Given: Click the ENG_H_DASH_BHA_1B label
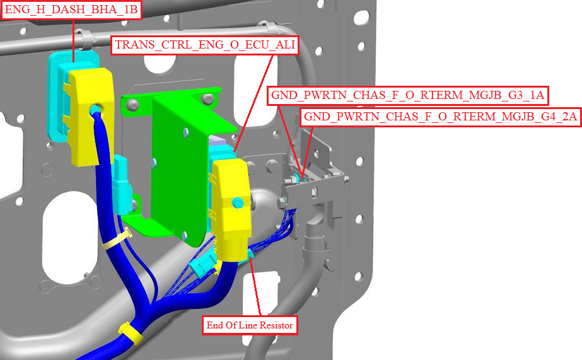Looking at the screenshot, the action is click(x=71, y=9).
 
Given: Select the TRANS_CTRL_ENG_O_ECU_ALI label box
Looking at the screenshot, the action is click(x=205, y=45).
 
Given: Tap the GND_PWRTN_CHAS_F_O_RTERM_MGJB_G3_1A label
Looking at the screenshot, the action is click(x=407, y=95).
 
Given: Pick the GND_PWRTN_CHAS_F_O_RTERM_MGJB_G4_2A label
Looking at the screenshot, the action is click(x=440, y=117).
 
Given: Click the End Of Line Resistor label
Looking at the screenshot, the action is click(x=250, y=325).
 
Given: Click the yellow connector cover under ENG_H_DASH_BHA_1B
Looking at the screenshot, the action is click(x=91, y=116).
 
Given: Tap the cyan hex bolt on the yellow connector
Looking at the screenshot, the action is click(x=237, y=203).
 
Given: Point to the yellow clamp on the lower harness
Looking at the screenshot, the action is click(x=131, y=333).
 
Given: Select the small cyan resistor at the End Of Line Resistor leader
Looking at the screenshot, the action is click(x=250, y=254).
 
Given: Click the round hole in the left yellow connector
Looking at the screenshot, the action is click(x=95, y=110).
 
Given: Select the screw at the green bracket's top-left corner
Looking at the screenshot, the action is click(x=132, y=106).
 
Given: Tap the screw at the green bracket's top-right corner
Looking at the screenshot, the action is click(x=207, y=98).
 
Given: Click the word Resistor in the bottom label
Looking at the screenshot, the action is click(x=276, y=325).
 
